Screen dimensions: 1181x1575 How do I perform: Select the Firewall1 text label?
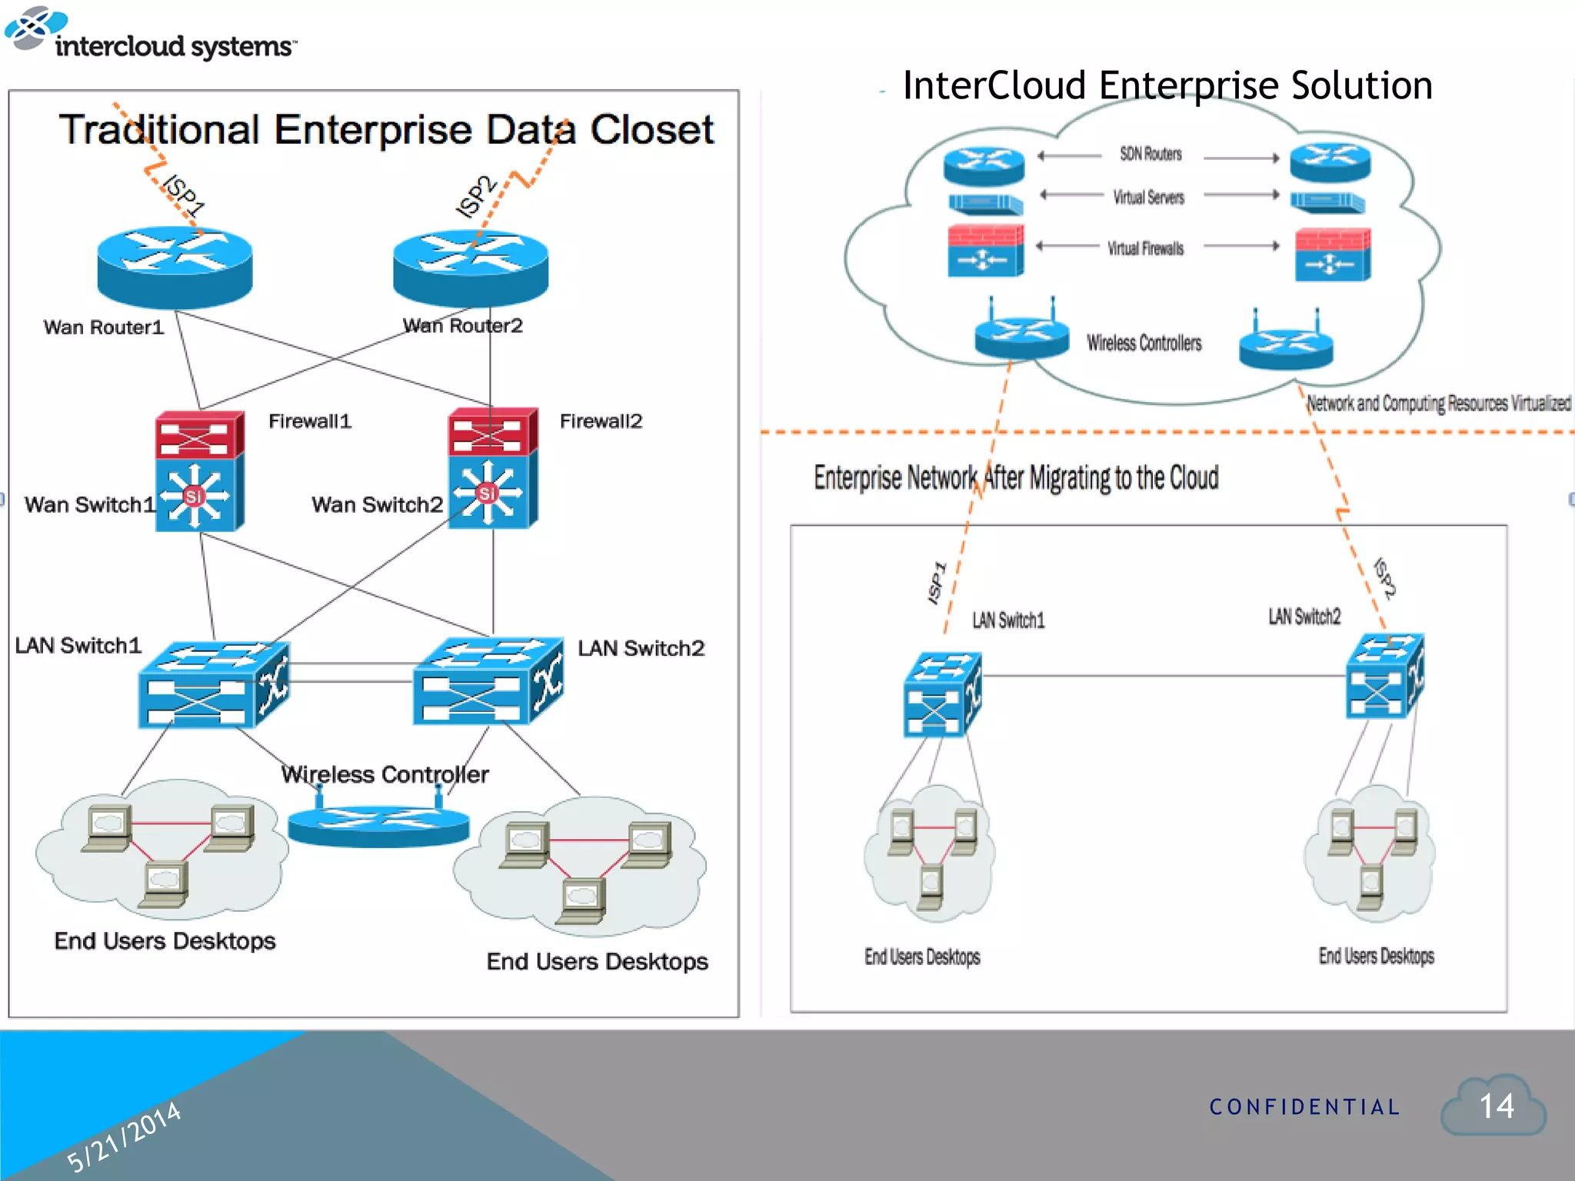point(310,421)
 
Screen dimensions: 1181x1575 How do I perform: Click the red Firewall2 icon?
point(492,431)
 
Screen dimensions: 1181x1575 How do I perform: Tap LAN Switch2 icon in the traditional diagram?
point(488,681)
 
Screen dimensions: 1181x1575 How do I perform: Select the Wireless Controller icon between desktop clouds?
point(378,824)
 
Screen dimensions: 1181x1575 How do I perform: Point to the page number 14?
point(1496,1106)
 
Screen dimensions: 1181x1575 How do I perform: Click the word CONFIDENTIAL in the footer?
point(1304,1107)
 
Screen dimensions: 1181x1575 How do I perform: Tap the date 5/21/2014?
point(123,1136)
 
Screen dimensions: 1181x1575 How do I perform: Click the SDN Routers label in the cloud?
point(1150,155)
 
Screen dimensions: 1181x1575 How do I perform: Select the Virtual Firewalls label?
point(1145,248)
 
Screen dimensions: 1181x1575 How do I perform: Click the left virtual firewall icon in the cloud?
point(985,251)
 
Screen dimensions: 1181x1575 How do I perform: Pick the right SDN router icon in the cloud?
point(1330,162)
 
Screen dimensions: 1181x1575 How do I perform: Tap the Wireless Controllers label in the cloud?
point(1144,343)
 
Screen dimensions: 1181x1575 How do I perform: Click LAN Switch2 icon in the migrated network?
point(1384,677)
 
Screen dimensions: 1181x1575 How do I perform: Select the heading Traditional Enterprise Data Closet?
point(387,129)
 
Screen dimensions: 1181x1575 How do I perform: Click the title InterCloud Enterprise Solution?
point(1167,85)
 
